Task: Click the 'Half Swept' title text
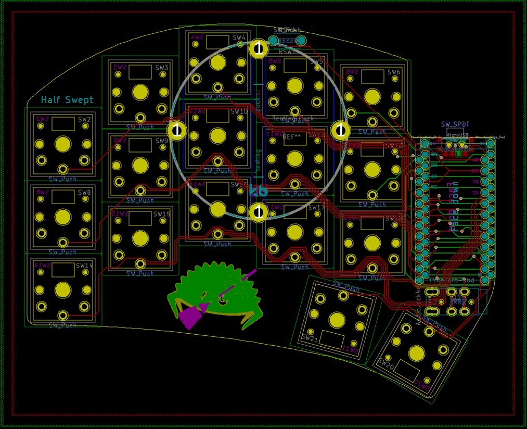67,99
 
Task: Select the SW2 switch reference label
84,119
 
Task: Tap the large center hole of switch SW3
140,92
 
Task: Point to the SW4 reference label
239,37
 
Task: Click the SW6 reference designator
394,72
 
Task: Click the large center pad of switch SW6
372,97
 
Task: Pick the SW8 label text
84,192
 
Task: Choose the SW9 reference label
162,141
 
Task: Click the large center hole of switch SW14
63,289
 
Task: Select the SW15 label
161,214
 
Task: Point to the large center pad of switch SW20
416,354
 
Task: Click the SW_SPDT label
455,124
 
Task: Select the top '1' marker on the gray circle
259,48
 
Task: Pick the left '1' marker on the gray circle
176,130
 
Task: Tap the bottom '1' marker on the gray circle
259,212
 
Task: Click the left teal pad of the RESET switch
273,40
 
